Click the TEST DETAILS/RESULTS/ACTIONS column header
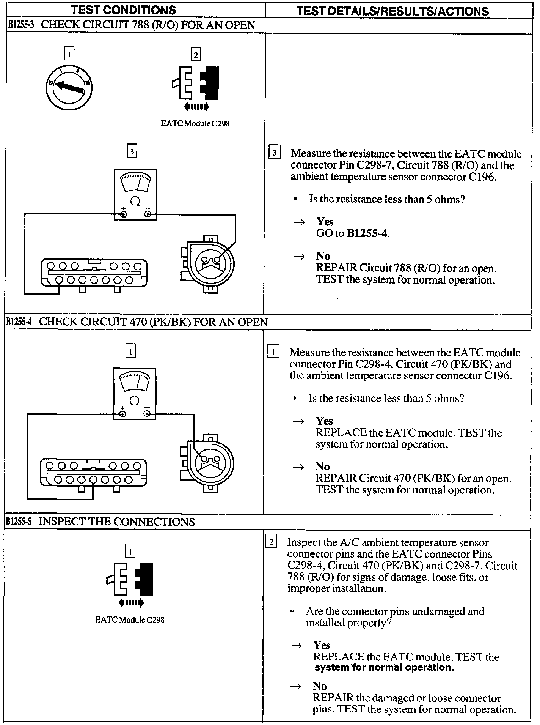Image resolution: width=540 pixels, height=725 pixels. point(392,11)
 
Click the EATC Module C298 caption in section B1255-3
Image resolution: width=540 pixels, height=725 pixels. point(195,124)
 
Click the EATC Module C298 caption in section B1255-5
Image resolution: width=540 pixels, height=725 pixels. point(130,620)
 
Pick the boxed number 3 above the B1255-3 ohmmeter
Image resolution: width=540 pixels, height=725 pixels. point(131,152)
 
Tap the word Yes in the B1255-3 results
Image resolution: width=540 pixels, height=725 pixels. point(325,222)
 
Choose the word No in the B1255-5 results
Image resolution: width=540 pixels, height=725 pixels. point(320,686)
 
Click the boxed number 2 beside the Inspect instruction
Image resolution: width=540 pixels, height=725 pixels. point(271,542)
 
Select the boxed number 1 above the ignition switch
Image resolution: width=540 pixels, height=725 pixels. point(69,54)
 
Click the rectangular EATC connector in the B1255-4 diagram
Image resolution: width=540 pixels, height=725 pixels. point(93,474)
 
